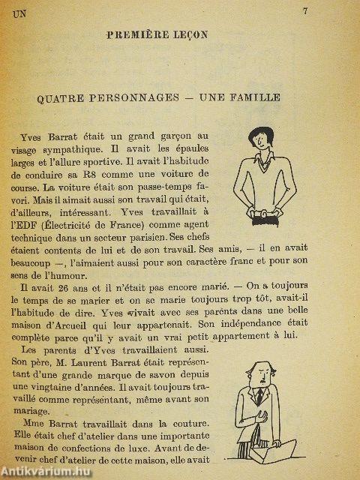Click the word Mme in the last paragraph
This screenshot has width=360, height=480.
pyautogui.click(x=29, y=424)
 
